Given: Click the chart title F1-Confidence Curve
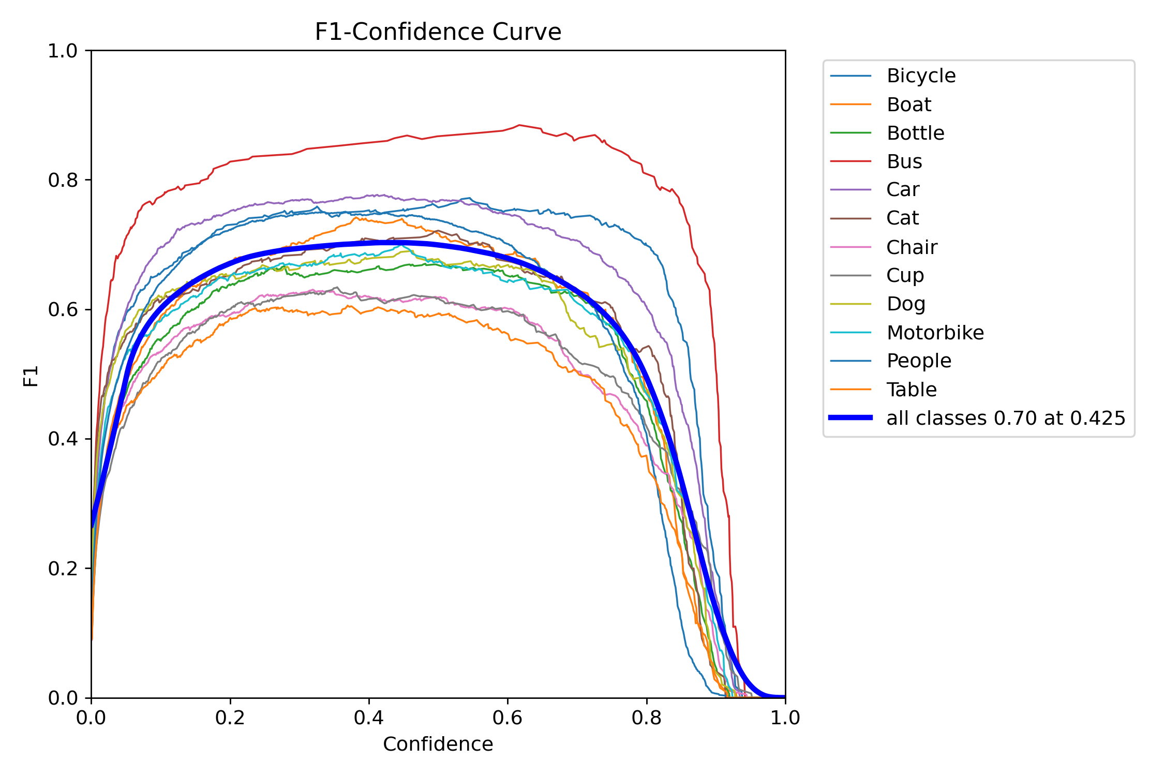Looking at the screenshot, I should (x=438, y=32).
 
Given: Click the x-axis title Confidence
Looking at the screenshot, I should (x=438, y=744).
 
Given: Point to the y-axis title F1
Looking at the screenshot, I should (x=31, y=376).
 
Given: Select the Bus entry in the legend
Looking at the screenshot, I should (x=904, y=161).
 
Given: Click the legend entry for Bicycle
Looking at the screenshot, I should (x=920, y=76).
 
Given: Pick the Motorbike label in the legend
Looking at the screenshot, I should (x=935, y=333).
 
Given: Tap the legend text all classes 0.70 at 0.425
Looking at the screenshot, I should (x=1005, y=418).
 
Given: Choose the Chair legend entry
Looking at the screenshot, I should (x=911, y=247).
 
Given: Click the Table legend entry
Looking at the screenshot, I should (x=911, y=390).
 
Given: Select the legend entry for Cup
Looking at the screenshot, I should (x=904, y=275).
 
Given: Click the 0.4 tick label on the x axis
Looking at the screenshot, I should (x=368, y=718).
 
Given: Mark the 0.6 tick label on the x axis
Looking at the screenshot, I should (x=508, y=718).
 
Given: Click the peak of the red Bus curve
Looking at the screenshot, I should (x=519, y=125).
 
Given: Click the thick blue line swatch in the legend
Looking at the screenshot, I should (x=850, y=417).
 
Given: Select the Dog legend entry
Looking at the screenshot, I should (x=905, y=304).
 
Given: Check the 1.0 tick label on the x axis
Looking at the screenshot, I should (x=785, y=718).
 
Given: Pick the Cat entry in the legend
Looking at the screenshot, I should (x=902, y=218).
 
